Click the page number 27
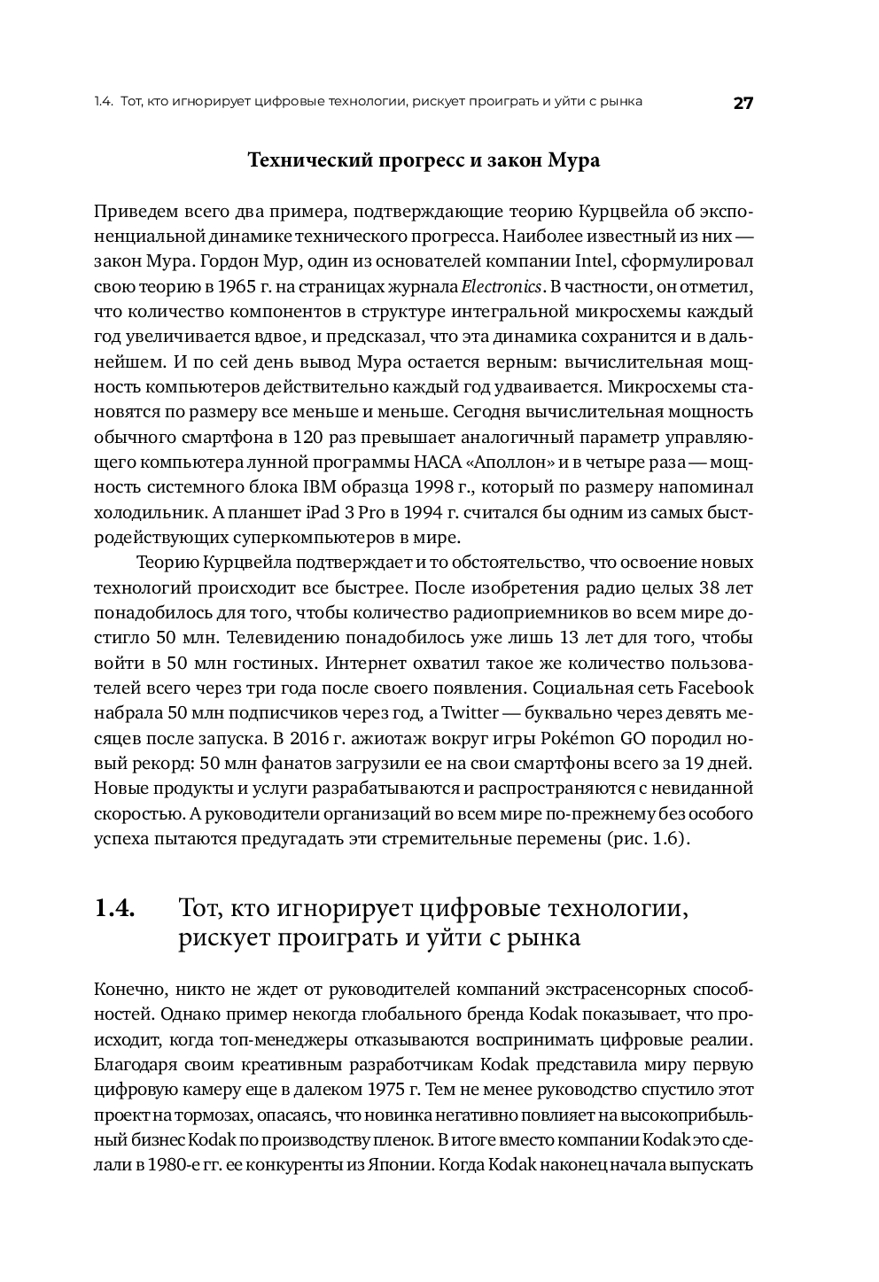(x=743, y=102)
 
